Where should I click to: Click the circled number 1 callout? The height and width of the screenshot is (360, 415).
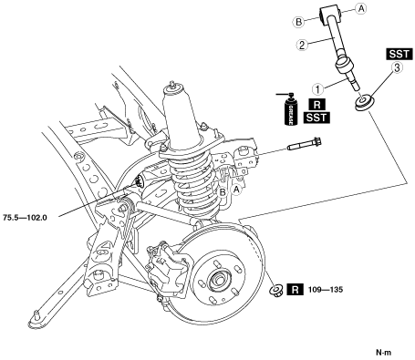(x=318, y=89)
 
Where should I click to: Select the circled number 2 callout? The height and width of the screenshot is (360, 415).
(x=302, y=46)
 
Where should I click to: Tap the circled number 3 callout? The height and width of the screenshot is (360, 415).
(x=397, y=68)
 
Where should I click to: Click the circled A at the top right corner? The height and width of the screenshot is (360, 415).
(x=361, y=8)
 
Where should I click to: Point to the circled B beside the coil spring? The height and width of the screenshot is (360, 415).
(x=223, y=192)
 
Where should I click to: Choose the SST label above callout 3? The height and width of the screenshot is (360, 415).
(x=399, y=54)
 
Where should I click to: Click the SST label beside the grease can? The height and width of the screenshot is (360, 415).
(x=316, y=118)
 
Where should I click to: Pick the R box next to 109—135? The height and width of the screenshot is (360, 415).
(x=296, y=290)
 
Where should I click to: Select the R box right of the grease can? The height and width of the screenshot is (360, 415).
(x=316, y=105)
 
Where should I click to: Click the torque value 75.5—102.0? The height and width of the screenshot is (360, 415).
(x=25, y=218)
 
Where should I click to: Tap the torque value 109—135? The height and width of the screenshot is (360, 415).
(x=326, y=290)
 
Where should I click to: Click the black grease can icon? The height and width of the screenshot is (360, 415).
(x=291, y=109)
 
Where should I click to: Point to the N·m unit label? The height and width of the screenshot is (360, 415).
(x=384, y=353)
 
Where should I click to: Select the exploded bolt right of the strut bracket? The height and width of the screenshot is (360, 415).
(x=305, y=145)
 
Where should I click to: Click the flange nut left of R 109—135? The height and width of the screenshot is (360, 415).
(x=277, y=289)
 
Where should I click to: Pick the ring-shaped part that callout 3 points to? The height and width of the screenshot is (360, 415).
(x=364, y=102)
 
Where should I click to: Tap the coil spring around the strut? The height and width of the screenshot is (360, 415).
(x=194, y=182)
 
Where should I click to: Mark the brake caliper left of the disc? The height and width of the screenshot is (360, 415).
(x=167, y=267)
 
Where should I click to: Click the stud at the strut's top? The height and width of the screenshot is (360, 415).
(x=173, y=84)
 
